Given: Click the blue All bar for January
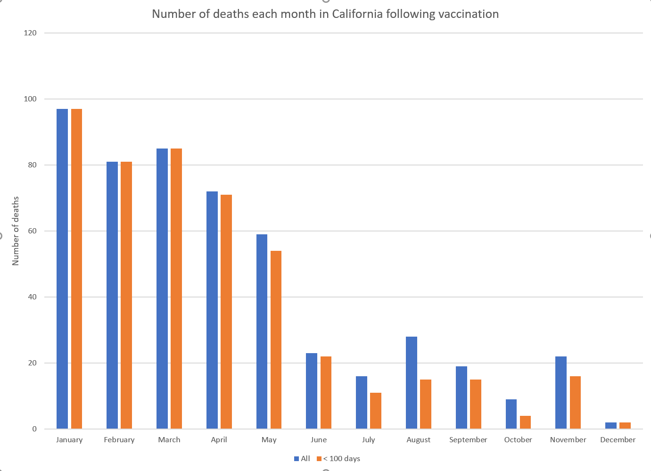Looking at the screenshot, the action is click(x=62, y=269).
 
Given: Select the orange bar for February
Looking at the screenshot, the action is click(x=126, y=295).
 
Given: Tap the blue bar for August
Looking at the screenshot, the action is click(x=412, y=383).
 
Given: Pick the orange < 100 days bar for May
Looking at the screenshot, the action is click(x=276, y=339).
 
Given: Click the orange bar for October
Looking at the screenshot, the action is click(x=525, y=422).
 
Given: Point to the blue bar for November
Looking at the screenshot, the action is click(x=561, y=392).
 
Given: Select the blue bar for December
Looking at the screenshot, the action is click(x=611, y=425).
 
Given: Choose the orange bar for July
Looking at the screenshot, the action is click(x=376, y=411).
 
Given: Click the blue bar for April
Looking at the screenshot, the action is click(x=212, y=310).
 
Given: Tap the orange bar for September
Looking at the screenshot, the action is click(x=476, y=404).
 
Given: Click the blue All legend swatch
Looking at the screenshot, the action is click(x=297, y=459).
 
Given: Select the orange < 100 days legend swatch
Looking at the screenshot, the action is click(x=319, y=459).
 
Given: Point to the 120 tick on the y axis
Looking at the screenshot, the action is click(x=30, y=33).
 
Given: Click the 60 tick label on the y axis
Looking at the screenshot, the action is click(x=32, y=231).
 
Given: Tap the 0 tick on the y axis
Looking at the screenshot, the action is click(x=34, y=429).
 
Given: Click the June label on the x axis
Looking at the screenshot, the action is click(x=319, y=439).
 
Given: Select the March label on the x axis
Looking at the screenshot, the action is click(x=169, y=439).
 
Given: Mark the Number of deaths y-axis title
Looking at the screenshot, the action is click(x=16, y=231).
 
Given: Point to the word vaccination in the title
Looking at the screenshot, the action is click(x=469, y=14).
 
